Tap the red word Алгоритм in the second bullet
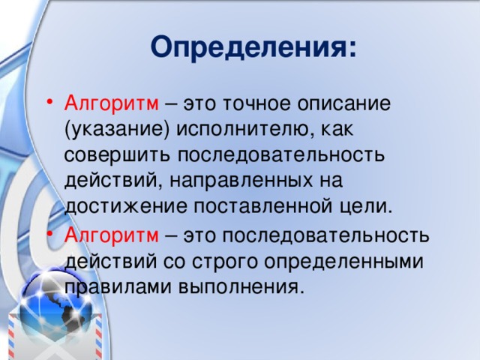(111, 236)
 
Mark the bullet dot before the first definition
(50, 103)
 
